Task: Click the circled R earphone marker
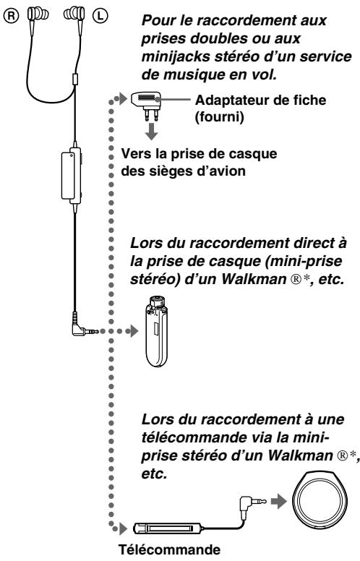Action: pos(12,15)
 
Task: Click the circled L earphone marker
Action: pos(100,15)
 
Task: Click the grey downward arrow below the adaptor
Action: pos(152,132)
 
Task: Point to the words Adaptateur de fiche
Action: pos(260,100)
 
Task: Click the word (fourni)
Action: pos(219,117)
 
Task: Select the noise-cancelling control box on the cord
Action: pos(72,176)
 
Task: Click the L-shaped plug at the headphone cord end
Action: pos(83,327)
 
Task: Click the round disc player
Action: pos(320,502)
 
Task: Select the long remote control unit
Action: pos(167,528)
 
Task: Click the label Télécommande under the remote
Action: pos(170,549)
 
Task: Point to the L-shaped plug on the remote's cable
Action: pos(252,504)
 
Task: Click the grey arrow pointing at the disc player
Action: pos(279,502)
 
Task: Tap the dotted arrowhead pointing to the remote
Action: pos(123,528)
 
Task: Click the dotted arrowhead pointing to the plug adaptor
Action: pos(123,98)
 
